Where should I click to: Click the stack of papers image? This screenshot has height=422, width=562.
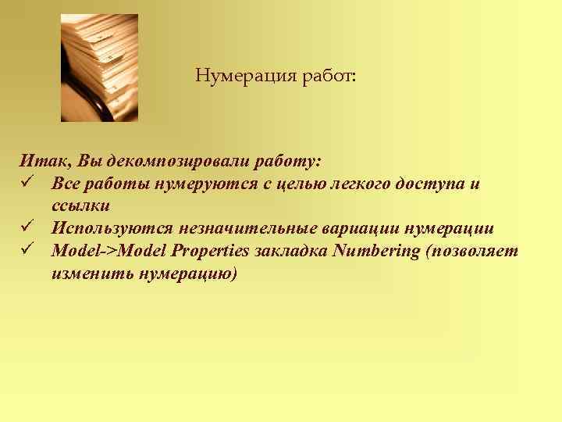99,68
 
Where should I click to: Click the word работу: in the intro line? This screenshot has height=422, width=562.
284,161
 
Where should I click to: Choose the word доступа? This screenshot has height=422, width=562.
438,184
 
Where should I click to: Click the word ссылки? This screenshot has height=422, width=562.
80,206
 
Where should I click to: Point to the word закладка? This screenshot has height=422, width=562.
290,251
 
